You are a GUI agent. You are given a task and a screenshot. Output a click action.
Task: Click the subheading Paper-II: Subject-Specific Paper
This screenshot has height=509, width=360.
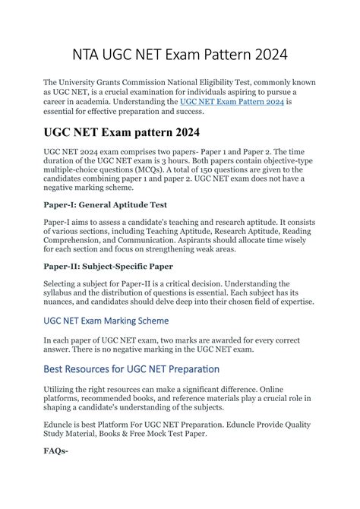click(107, 266)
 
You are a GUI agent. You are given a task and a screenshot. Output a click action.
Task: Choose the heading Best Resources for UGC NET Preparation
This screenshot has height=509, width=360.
click(131, 369)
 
